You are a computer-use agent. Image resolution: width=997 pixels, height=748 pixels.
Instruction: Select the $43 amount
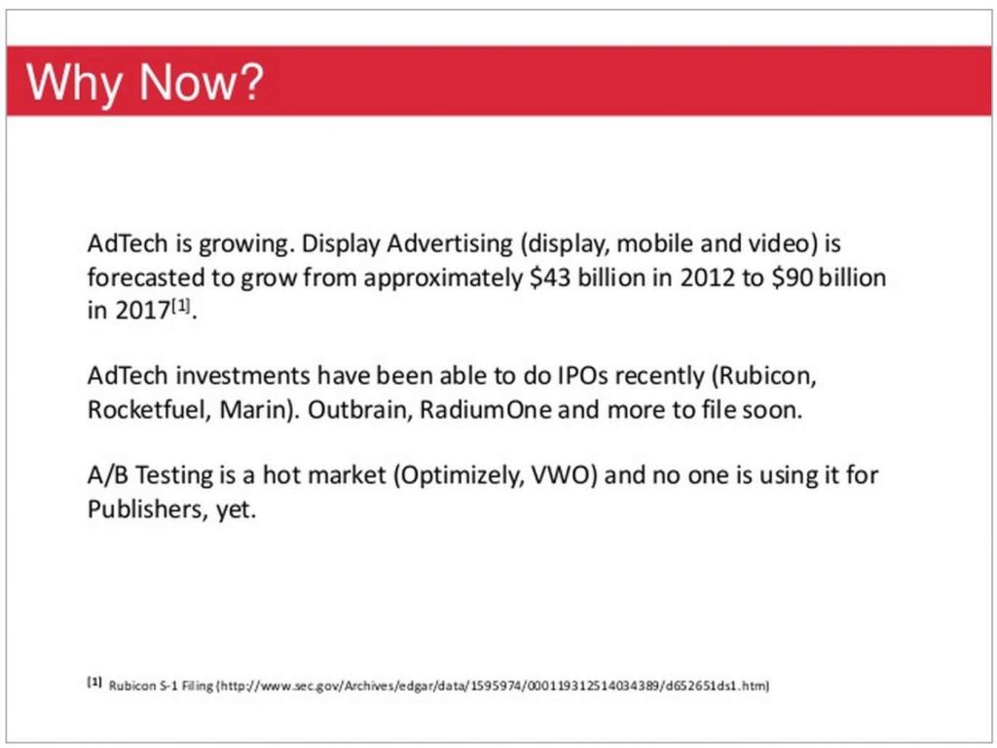(x=550, y=278)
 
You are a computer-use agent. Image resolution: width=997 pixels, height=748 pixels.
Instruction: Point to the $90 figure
(x=792, y=278)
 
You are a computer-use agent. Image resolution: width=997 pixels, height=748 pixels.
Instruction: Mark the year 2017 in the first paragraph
(x=142, y=311)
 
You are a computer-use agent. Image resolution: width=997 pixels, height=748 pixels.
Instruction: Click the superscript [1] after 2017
(x=180, y=306)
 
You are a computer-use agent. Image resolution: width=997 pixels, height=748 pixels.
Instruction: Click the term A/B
(x=107, y=475)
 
